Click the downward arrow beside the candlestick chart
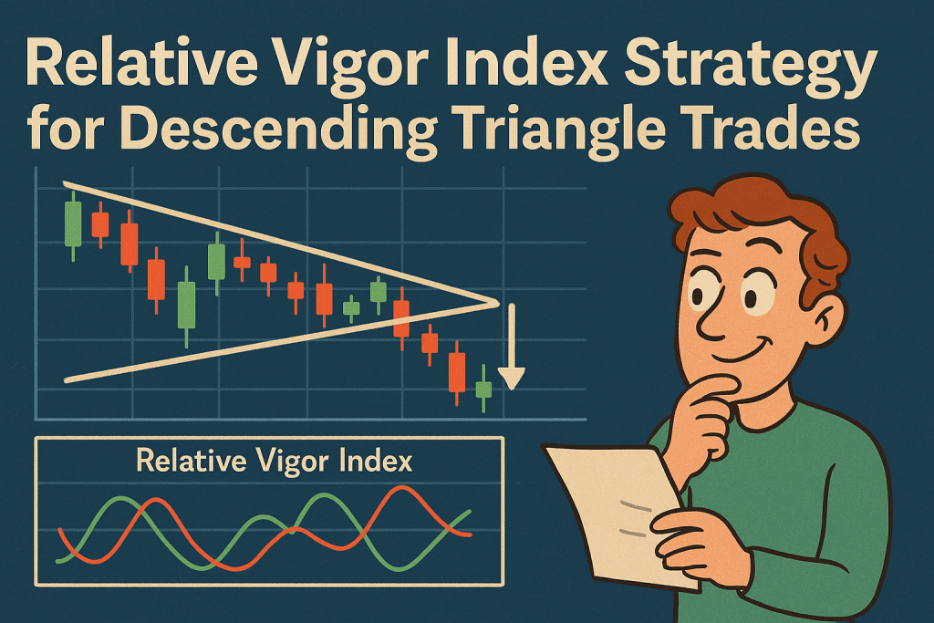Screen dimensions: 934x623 pyautogui.click(x=511, y=347)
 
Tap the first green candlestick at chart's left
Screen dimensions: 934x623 pyautogui.click(x=73, y=225)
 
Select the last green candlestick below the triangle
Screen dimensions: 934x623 pyautogui.click(x=483, y=389)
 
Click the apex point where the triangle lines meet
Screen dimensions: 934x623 pyautogui.click(x=496, y=304)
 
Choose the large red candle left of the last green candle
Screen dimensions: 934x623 pyautogui.click(x=457, y=373)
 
